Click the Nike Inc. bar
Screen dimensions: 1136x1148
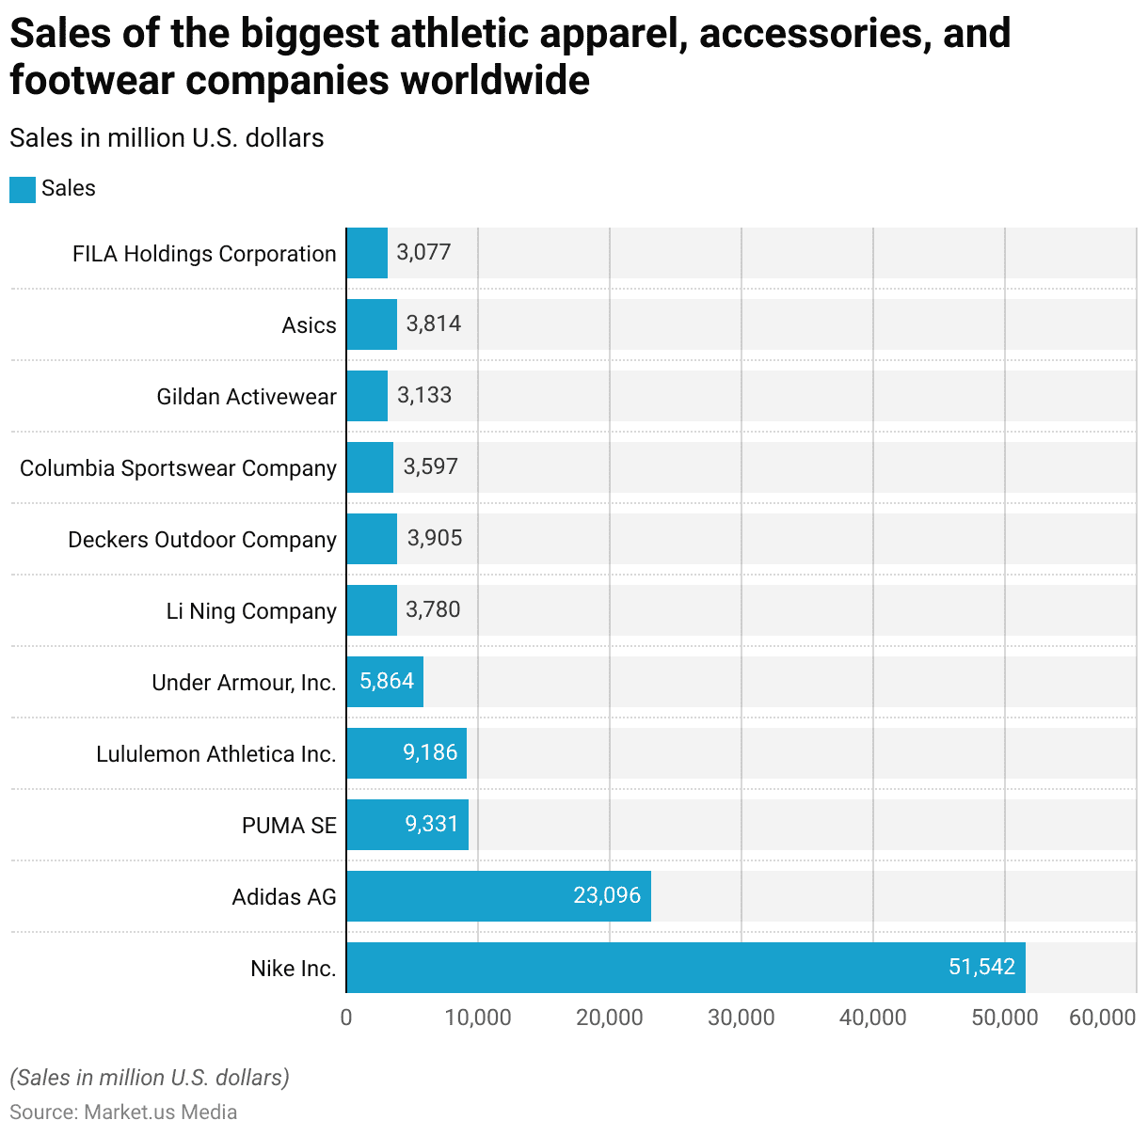coord(685,968)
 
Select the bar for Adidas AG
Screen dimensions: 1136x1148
coord(499,896)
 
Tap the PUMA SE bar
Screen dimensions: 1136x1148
coord(407,825)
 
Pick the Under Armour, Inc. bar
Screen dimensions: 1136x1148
coord(384,682)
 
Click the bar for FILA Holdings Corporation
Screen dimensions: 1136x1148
coord(367,253)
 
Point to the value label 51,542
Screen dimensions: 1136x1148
coord(981,967)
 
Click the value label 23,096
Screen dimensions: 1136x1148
coord(607,895)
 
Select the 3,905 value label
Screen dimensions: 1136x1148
coord(435,538)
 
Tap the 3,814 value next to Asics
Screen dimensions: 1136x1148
coord(434,323)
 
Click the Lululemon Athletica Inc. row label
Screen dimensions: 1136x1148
coord(215,754)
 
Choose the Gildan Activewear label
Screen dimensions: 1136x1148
coord(246,397)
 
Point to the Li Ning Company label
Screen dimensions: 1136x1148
coord(251,611)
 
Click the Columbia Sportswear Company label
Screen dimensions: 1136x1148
coord(178,468)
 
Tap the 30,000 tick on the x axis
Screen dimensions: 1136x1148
coord(741,1018)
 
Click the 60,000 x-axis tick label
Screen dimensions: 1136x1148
coord(1102,1018)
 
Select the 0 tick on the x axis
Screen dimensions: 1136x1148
coord(346,1018)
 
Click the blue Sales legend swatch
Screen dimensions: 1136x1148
coord(23,189)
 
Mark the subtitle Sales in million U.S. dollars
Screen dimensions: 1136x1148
coord(167,138)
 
